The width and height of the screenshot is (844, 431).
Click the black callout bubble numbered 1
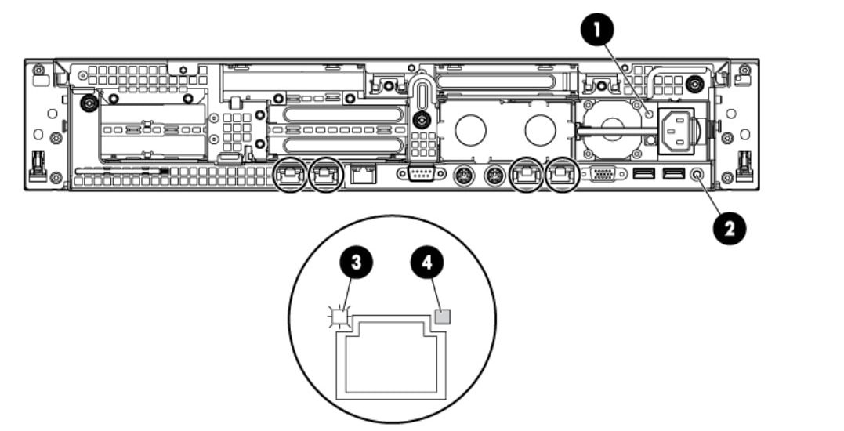[x=597, y=30]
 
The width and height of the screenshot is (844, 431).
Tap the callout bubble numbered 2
[x=730, y=229]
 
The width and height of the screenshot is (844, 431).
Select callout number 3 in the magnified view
[x=355, y=263]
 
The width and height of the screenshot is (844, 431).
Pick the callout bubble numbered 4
[x=427, y=263]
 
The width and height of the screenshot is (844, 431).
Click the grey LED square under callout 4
[x=443, y=317]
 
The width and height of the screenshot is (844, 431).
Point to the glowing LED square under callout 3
[x=339, y=317]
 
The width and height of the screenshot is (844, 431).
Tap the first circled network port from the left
[x=290, y=174]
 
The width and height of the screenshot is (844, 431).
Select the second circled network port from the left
[x=325, y=174]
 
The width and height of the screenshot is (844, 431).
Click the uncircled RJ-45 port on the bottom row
[x=364, y=174]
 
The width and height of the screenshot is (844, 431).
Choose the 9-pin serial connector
[x=421, y=174]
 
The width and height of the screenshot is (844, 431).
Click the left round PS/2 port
[x=463, y=176]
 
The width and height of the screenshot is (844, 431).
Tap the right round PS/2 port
[x=494, y=176]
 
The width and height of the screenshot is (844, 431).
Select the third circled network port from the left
[x=527, y=174]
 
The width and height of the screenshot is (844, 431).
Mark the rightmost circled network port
[x=562, y=174]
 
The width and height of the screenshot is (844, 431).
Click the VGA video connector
[x=605, y=174]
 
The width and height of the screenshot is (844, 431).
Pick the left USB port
[x=644, y=173]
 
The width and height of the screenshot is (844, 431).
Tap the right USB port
[x=673, y=173]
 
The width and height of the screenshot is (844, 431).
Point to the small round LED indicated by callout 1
[x=650, y=114]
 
